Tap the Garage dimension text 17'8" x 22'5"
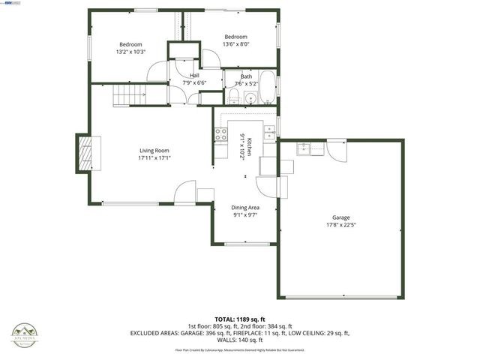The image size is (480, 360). (340, 224)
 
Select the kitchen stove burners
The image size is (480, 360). (221, 135)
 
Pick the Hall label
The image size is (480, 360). (194, 76)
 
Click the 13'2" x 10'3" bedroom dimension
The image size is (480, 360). (130, 52)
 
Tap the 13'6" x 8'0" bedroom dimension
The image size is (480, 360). (235, 44)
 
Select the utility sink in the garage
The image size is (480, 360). (303, 147)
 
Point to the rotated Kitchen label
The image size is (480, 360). (242, 144)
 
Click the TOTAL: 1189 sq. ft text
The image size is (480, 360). (239, 319)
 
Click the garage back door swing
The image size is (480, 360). (337, 151)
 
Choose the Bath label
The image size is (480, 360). (246, 76)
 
